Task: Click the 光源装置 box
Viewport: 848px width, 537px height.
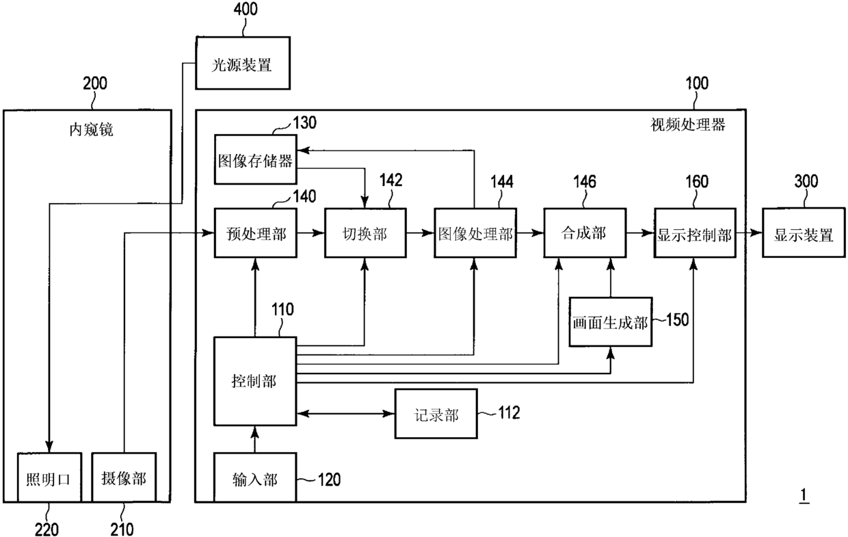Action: coord(243,63)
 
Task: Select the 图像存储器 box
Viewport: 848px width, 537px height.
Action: coord(256,159)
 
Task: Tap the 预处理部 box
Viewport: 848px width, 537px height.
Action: coord(256,233)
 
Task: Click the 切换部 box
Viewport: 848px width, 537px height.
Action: coord(365,233)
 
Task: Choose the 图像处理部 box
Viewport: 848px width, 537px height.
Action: coord(475,233)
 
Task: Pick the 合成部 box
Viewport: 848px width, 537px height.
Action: coord(585,233)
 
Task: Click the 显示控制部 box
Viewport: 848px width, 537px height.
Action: coord(695,233)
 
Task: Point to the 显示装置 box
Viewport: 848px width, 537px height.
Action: coord(804,233)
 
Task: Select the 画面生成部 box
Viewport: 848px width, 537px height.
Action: coord(611,322)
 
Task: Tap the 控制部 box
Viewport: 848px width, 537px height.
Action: coord(255,381)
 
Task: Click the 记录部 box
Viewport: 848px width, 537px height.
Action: coord(436,414)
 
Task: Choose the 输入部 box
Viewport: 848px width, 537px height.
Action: coord(255,477)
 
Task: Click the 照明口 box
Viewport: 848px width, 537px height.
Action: coord(49,477)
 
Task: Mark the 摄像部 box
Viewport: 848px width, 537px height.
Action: coord(124,477)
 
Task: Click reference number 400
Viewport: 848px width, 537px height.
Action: coord(246,9)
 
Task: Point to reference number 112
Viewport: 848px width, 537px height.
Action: coord(509,412)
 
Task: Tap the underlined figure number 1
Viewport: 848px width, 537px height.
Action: coord(804,495)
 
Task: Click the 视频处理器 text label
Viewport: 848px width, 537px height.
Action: coord(688,125)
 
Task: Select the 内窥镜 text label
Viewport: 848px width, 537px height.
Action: coord(91,130)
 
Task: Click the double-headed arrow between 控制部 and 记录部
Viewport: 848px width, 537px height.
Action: coord(345,414)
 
